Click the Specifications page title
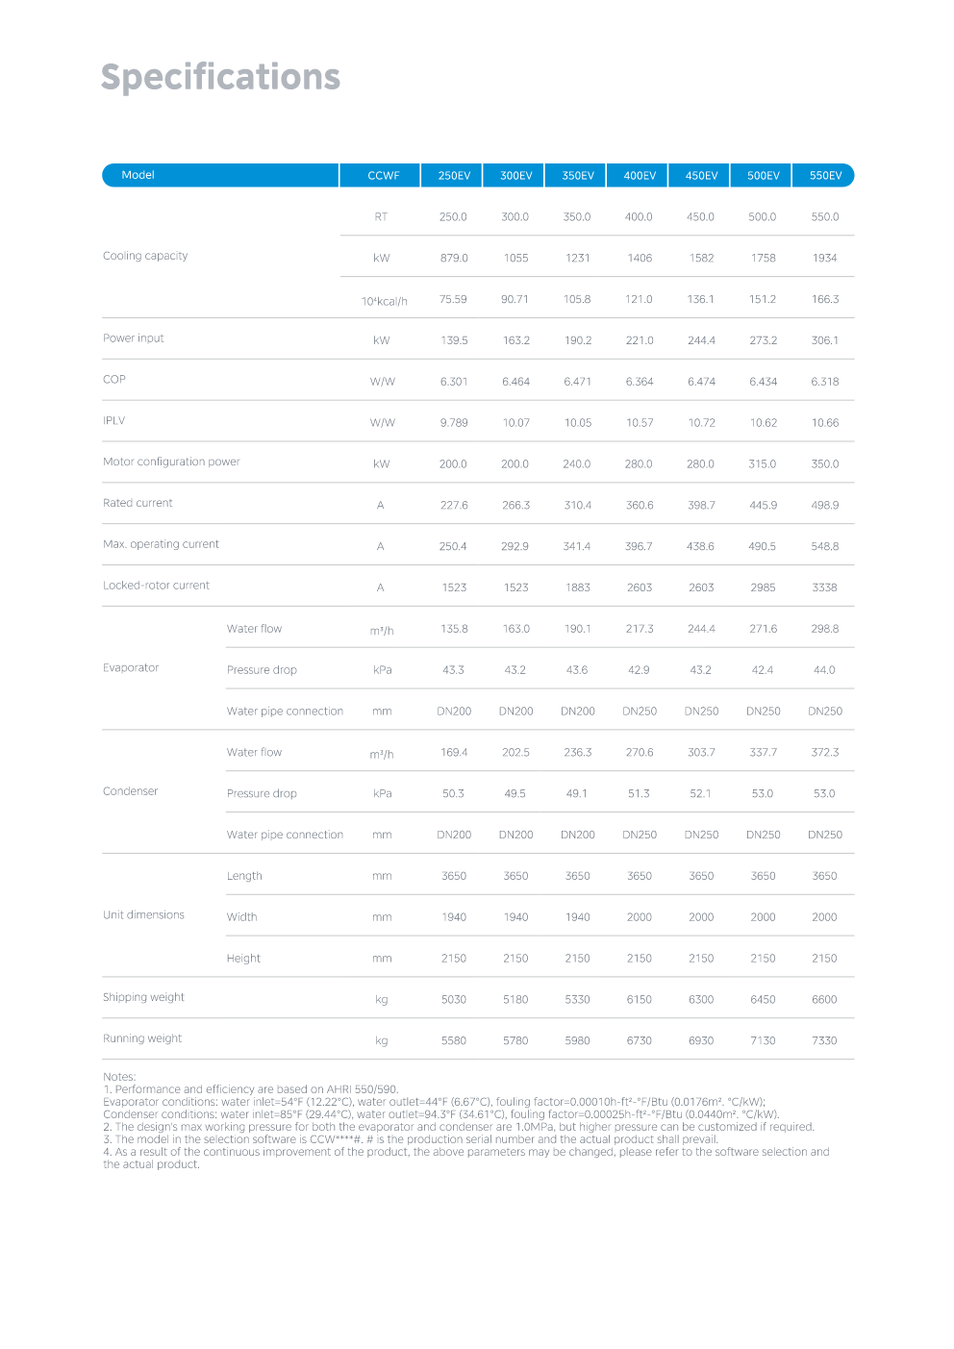click(x=220, y=77)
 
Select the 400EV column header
click(x=640, y=176)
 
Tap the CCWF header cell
click(x=383, y=176)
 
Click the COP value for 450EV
click(x=701, y=382)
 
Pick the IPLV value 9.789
click(x=454, y=423)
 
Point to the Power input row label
click(x=134, y=338)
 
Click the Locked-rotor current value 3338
click(x=824, y=587)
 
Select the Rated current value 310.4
click(x=578, y=506)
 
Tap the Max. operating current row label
click(x=161, y=544)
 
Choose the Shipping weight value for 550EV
click(x=824, y=1000)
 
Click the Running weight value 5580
click(x=454, y=1041)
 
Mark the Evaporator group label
click(x=131, y=668)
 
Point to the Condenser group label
click(x=131, y=791)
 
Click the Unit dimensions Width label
click(x=242, y=917)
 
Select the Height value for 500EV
click(x=763, y=959)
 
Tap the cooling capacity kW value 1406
click(x=640, y=259)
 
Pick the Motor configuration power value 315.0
click(x=763, y=464)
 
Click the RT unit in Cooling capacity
click(x=382, y=217)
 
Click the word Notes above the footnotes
click(x=119, y=1077)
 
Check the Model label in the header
click(x=138, y=175)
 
